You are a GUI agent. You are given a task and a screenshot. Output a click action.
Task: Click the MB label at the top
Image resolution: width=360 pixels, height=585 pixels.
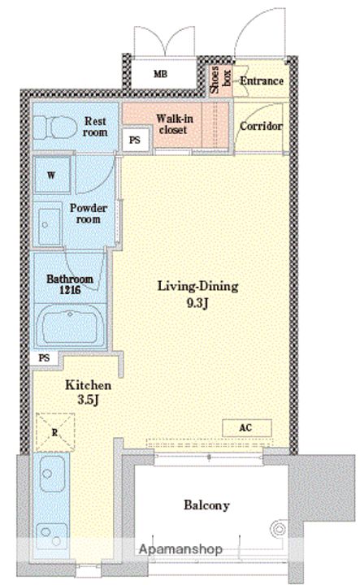[x=161, y=74]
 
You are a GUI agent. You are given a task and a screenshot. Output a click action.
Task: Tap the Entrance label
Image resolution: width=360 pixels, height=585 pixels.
[x=261, y=80]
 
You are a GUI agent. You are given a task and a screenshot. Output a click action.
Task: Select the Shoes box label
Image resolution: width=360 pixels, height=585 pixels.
[x=220, y=80]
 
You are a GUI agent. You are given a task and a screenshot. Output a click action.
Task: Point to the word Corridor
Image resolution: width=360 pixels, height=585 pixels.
[x=261, y=126]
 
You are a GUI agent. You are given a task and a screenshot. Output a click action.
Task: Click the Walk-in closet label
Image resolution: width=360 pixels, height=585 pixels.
[x=174, y=124]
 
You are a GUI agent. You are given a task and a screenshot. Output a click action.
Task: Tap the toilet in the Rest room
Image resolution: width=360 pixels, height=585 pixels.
[x=54, y=127]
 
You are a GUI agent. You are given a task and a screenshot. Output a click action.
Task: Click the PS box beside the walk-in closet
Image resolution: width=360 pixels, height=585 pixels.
[x=135, y=140]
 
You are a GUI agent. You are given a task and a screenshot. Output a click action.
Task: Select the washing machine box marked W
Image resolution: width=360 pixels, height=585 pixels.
[x=52, y=175]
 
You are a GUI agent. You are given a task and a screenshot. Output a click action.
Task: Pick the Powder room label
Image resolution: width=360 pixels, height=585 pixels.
[x=89, y=213]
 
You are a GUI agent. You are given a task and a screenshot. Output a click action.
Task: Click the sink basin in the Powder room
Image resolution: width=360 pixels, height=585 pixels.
[x=50, y=224]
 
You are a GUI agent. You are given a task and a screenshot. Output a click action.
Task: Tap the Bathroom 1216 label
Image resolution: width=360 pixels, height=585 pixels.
[x=70, y=284]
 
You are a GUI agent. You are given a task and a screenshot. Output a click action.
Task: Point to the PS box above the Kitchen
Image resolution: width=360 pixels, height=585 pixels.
[x=45, y=358]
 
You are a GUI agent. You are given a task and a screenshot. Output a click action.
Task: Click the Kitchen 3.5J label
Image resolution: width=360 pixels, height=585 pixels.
[x=88, y=392]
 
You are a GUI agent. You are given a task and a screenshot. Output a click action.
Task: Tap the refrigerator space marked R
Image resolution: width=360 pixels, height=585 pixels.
[x=55, y=432]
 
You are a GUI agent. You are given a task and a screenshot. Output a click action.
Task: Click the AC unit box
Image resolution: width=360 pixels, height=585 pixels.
[x=246, y=428]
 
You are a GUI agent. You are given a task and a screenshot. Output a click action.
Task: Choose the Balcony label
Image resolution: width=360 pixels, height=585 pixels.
[x=206, y=505]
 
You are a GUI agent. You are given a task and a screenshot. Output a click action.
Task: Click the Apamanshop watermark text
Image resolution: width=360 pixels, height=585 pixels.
[x=180, y=549]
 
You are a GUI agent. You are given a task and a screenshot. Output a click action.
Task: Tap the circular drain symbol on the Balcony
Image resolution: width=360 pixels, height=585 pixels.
[x=279, y=529]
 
